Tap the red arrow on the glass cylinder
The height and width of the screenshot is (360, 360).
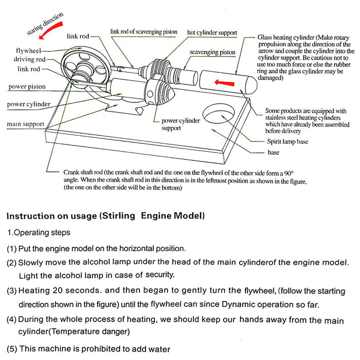tap(223, 81)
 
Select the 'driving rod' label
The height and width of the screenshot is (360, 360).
tap(29, 60)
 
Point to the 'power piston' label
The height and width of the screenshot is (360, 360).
tap(28, 86)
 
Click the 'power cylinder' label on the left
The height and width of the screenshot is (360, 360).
tap(29, 104)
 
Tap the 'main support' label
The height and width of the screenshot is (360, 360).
tap(25, 124)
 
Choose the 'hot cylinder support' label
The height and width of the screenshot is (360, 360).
tap(212, 32)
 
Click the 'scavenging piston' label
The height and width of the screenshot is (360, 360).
tap(212, 52)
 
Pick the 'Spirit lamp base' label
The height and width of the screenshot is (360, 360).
tap(287, 141)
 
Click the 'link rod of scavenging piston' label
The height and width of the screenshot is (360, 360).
tap(143, 32)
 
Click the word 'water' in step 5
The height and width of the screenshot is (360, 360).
tap(158, 349)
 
